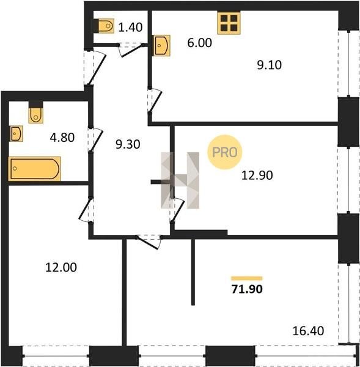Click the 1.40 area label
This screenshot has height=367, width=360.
point(130,27)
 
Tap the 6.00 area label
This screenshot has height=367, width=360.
point(199,43)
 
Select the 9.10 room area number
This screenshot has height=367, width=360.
point(270,65)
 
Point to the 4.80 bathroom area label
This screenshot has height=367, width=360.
point(62,138)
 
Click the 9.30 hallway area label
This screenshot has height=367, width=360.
point(128,144)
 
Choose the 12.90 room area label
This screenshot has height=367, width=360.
point(257,176)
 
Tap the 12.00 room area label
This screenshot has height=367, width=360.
point(61,267)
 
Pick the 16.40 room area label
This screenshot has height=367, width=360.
point(308,331)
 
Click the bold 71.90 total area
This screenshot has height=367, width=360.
point(247,289)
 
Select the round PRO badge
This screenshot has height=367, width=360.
point(224,152)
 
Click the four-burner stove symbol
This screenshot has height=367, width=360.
point(229,23)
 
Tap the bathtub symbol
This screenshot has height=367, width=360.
point(35,169)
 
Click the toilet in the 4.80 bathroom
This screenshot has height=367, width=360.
point(36,116)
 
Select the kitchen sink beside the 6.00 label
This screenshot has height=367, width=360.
point(161,45)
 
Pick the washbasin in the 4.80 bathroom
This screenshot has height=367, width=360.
point(16,133)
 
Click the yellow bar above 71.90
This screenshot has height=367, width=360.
point(247,278)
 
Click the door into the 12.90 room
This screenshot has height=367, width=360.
point(177,209)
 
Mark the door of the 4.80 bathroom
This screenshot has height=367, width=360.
point(95,139)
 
